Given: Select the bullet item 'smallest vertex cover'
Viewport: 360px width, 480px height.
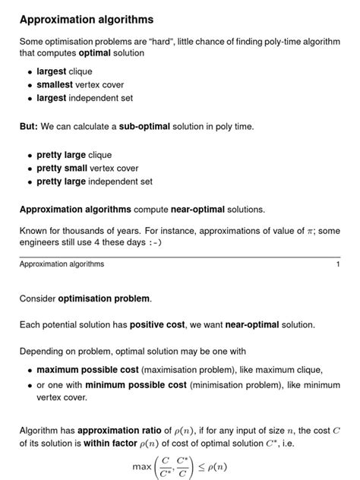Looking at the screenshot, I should pos(80,85).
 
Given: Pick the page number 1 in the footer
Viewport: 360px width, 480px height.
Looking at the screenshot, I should pos(337,264).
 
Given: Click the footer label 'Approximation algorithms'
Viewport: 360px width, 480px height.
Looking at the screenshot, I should pos(62,264).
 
